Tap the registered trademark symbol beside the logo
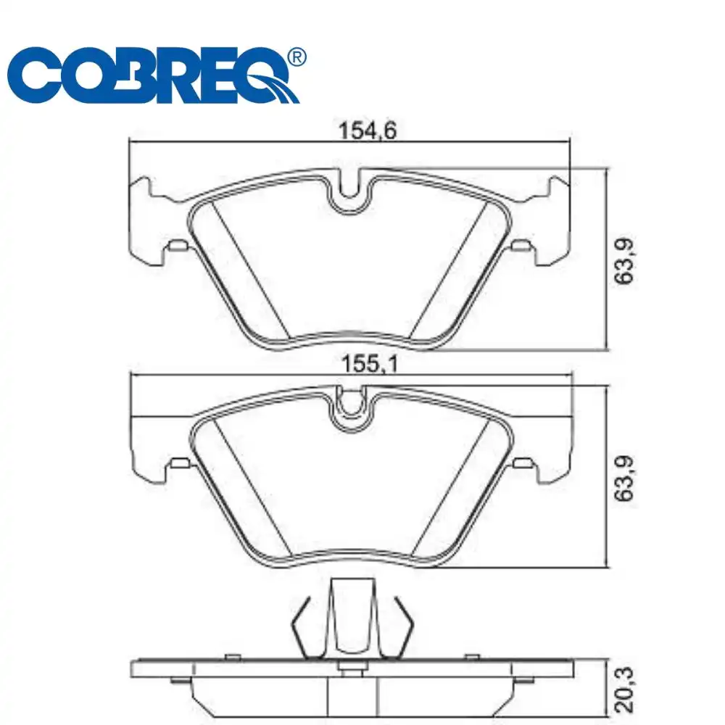(x=297, y=57)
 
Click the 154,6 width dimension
(x=368, y=130)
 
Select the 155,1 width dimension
(x=369, y=364)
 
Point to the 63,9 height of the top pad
(x=624, y=261)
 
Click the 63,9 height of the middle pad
(x=624, y=478)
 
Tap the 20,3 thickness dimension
(x=624, y=690)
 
